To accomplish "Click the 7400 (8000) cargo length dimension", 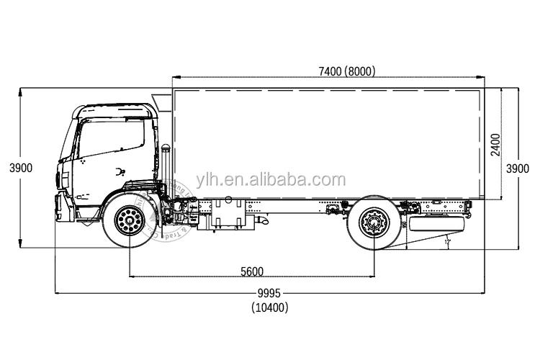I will click(x=346, y=71).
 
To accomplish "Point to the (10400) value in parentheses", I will click(x=270, y=307).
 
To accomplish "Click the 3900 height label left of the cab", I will click(x=21, y=168).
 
